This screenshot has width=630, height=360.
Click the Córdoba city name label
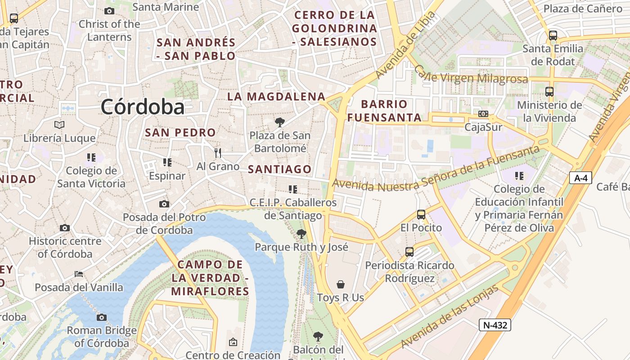click(x=143, y=107)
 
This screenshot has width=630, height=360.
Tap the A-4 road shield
click(x=580, y=178)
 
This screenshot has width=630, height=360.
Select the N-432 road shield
click(x=495, y=324)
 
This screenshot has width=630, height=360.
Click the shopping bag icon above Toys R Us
click(x=341, y=284)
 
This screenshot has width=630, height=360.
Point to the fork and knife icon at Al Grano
click(x=218, y=153)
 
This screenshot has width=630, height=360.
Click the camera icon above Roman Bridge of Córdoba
click(x=102, y=317)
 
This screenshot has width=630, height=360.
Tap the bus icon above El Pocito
click(x=421, y=215)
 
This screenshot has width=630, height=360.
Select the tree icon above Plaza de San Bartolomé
click(x=280, y=122)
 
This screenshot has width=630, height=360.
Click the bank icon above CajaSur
click(x=483, y=114)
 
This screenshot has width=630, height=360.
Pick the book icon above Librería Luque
click(x=59, y=125)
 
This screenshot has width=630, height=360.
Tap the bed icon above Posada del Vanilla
click(x=79, y=274)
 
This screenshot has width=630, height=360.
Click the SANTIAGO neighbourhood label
click(x=280, y=169)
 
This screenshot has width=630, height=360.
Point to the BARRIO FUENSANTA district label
click(x=384, y=111)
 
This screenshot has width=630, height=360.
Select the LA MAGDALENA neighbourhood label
click(x=276, y=96)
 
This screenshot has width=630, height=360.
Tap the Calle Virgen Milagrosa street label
click(x=470, y=75)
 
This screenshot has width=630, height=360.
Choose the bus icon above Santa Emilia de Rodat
click(x=553, y=35)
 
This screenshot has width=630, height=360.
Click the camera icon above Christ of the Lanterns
click(x=109, y=11)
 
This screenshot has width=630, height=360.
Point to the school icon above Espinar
click(x=167, y=162)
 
